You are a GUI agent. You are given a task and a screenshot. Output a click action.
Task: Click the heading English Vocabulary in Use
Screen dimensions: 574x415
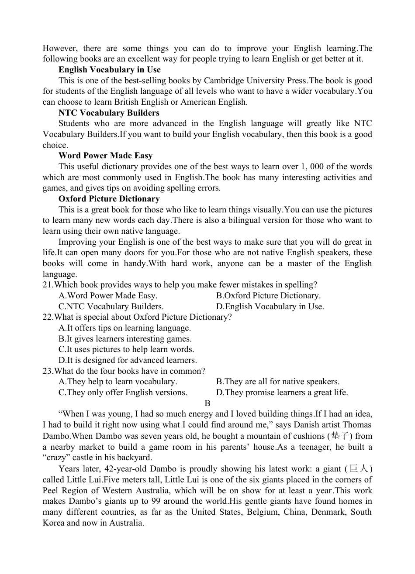tap(109, 70)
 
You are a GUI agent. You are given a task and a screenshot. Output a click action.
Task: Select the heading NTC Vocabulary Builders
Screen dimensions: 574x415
tap(109, 113)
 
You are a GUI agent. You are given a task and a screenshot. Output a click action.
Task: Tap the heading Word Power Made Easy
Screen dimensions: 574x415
tap(105, 156)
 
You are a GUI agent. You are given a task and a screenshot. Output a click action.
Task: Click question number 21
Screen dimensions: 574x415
tap(48, 285)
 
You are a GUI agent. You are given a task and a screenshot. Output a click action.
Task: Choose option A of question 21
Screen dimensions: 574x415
tap(108, 296)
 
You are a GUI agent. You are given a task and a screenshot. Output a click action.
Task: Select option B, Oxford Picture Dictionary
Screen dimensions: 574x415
tap(268, 296)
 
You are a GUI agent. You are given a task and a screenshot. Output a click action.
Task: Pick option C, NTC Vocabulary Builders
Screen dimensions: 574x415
tap(111, 307)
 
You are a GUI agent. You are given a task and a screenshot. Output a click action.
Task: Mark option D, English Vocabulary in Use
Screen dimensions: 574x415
tap(270, 307)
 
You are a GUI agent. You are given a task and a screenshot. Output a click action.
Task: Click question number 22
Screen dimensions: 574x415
tap(48, 317)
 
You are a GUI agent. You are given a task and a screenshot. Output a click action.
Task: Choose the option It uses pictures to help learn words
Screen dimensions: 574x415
tap(126, 349)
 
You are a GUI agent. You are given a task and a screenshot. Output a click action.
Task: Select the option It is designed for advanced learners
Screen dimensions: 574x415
tap(128, 360)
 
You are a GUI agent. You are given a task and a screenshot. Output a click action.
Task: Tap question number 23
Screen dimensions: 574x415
tap(48, 371)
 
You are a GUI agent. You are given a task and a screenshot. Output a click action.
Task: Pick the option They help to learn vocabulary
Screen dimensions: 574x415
tap(118, 382)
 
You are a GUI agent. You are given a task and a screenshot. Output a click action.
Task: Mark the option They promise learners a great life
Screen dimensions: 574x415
tap(282, 393)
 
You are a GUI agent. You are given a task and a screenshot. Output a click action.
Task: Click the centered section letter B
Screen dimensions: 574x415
tap(207, 403)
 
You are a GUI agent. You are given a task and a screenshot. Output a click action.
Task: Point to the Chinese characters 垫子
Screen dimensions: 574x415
tap(340, 436)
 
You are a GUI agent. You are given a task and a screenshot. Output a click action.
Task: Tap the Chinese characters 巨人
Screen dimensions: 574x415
tap(359, 469)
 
